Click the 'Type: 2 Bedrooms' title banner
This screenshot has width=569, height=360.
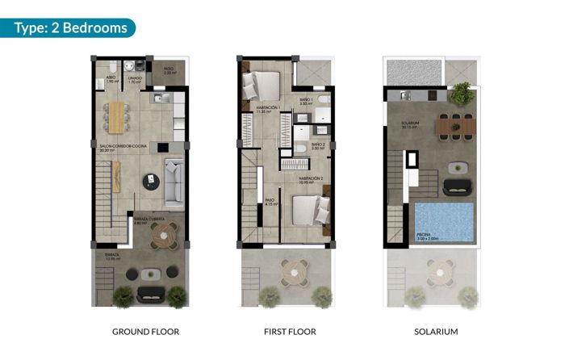point(71,28)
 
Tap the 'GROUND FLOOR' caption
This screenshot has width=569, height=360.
point(145,332)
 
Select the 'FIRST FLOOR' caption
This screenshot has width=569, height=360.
point(290,332)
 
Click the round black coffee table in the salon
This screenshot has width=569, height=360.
point(150,181)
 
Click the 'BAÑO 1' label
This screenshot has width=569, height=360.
point(306,101)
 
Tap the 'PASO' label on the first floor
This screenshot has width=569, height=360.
point(270,200)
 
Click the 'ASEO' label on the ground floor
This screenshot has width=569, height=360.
point(111,78)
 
